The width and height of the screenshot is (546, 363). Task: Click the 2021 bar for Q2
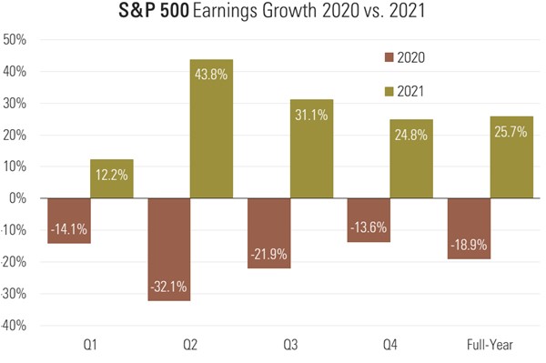point(211,128)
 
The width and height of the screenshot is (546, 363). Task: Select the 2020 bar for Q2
point(168,249)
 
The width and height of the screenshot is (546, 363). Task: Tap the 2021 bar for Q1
point(112,179)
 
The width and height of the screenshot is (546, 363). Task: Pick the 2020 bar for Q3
point(268,233)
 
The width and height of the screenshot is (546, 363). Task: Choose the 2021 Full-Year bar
point(511,156)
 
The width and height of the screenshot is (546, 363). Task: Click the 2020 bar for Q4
point(369,220)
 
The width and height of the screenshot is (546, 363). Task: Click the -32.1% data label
point(168,287)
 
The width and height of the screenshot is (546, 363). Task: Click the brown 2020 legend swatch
point(392,57)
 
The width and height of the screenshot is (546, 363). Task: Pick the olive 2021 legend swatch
point(392,92)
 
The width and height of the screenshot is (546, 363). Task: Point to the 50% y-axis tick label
point(17,40)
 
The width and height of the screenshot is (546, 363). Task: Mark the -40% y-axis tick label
point(15,325)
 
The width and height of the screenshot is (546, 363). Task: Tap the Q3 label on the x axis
point(290,347)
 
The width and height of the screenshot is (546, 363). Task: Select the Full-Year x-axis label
point(490,347)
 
